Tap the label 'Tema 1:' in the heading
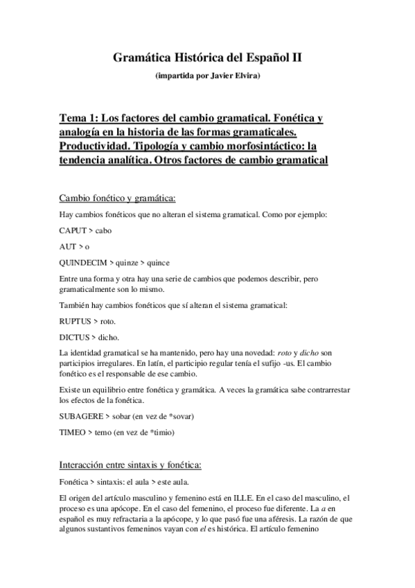click(80, 118)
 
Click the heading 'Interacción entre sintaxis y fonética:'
click(132, 464)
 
